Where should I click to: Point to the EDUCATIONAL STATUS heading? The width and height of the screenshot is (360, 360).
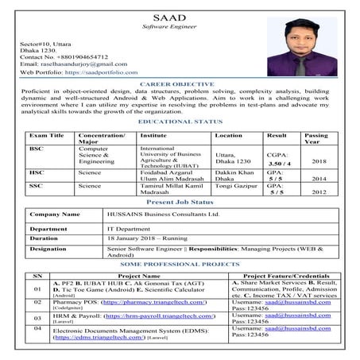pyautogui.click(x=180, y=121)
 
